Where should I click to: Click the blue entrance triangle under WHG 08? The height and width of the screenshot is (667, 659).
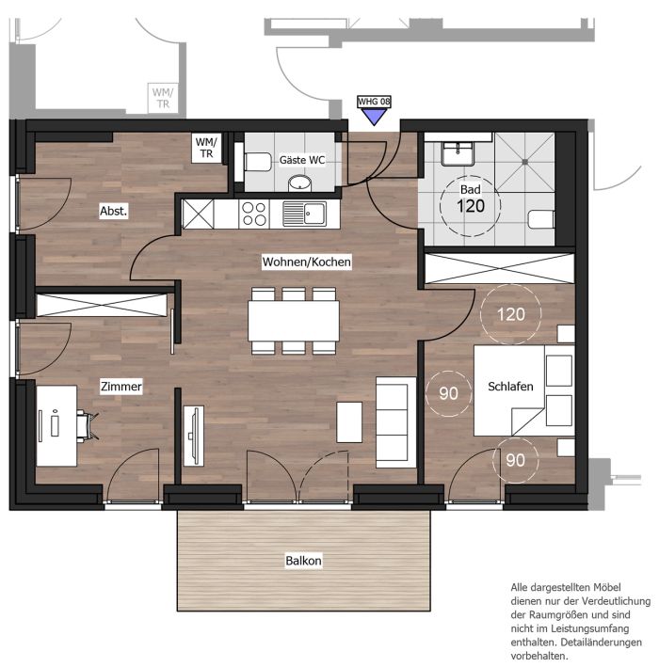(374, 116)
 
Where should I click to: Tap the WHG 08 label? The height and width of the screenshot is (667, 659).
(374, 102)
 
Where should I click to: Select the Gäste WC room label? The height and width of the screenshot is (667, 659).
(302, 160)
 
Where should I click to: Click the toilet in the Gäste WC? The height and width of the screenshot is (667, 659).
(257, 162)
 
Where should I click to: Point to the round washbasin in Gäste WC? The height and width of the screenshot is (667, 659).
(300, 183)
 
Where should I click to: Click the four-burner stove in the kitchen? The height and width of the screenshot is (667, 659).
(254, 214)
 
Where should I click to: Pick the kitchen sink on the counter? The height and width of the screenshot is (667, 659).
(304, 214)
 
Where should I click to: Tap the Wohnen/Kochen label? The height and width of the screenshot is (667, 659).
(307, 262)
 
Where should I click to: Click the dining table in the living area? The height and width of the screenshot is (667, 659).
(294, 321)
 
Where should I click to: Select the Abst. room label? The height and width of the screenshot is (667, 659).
(114, 211)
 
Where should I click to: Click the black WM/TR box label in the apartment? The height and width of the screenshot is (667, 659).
(206, 147)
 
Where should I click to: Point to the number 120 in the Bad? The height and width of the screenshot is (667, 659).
(471, 206)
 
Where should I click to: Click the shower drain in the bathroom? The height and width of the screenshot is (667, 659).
(525, 162)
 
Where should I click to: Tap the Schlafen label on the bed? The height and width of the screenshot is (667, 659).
(510, 387)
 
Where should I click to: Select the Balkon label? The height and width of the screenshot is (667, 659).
(303, 561)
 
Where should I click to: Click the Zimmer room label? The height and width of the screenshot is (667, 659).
(121, 387)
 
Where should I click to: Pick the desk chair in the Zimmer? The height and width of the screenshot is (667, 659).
(88, 425)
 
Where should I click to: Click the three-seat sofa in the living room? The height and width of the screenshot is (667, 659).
(396, 422)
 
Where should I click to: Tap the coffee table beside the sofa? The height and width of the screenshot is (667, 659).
(349, 422)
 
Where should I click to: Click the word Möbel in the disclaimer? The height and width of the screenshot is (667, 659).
(606, 587)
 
